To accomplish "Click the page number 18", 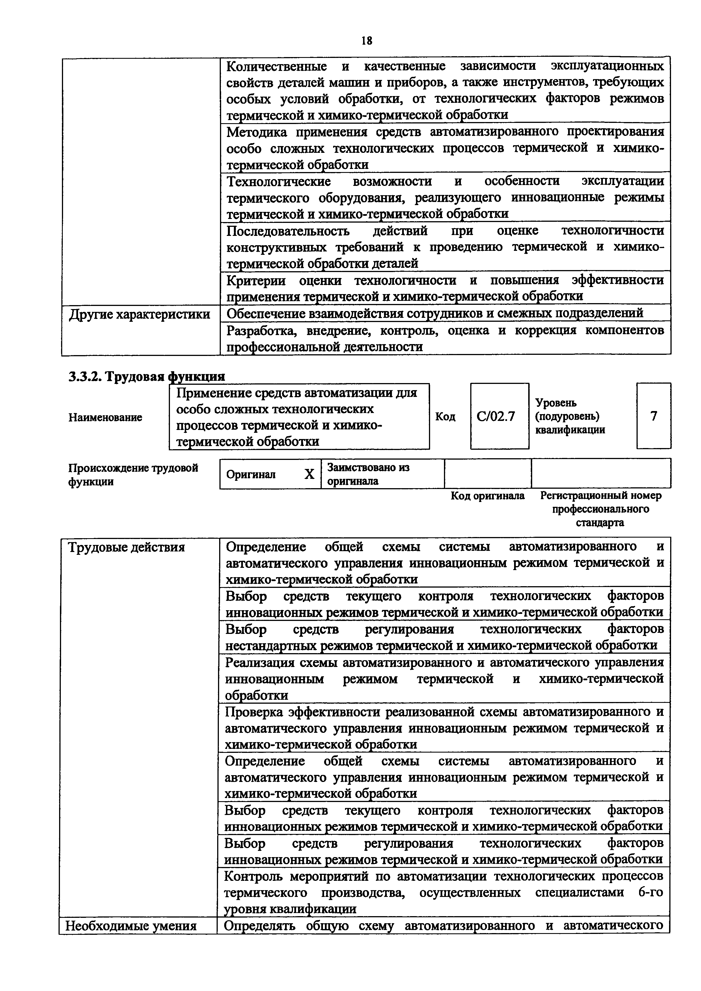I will (x=366, y=41).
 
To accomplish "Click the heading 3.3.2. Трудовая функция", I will (x=147, y=377).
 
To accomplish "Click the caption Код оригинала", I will (x=488, y=496).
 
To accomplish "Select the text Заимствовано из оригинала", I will (x=368, y=474).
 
